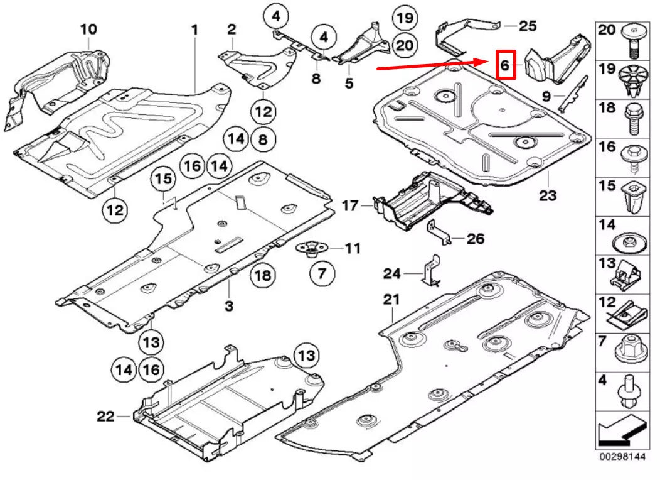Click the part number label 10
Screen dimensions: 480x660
click(88, 28)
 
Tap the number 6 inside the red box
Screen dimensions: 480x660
click(505, 64)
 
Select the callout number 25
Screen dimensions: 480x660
click(528, 26)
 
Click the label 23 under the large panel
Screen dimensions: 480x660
click(547, 195)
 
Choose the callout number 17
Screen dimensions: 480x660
click(349, 205)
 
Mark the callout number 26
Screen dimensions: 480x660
click(476, 239)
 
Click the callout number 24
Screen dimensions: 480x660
click(392, 273)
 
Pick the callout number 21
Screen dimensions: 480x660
click(391, 300)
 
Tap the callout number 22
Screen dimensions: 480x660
click(106, 415)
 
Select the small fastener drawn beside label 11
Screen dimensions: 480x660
click(309, 250)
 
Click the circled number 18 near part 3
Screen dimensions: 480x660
click(263, 275)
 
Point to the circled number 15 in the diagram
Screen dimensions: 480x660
click(164, 179)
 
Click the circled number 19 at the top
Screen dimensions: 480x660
click(405, 18)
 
